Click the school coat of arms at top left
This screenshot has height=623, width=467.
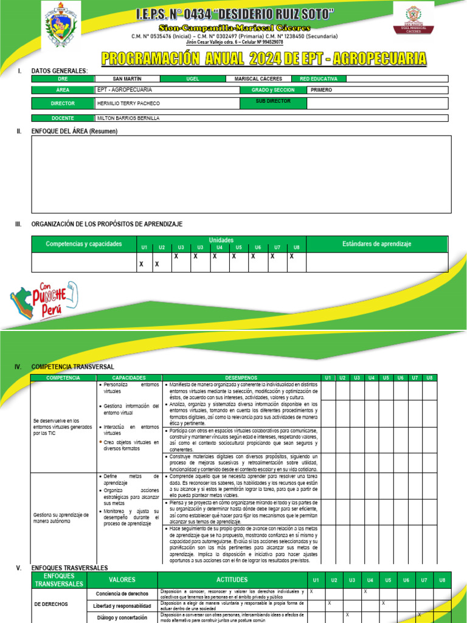[x=59, y=26]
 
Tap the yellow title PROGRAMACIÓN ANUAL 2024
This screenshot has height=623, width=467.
[x=263, y=58]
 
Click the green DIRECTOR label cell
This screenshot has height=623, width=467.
[x=63, y=103]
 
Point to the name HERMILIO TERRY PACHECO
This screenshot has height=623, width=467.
[x=125, y=103]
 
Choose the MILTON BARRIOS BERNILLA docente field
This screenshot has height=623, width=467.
[x=128, y=119]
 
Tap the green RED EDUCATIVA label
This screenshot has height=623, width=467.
[x=319, y=78]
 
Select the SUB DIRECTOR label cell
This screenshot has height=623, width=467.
[x=273, y=100]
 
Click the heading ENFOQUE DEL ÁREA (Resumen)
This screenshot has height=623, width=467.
[x=74, y=131]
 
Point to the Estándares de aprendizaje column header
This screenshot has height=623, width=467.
[x=376, y=244]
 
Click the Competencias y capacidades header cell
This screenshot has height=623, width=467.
[x=83, y=244]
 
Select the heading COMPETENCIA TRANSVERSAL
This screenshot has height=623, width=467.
[x=72, y=367]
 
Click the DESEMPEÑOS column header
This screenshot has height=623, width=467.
[x=241, y=378]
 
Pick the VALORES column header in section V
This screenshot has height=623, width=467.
[x=122, y=580]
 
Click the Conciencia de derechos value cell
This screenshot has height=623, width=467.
[x=122, y=594]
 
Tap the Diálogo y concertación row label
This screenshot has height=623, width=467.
[x=122, y=617]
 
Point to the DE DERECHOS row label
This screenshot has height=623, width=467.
[x=52, y=605]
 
